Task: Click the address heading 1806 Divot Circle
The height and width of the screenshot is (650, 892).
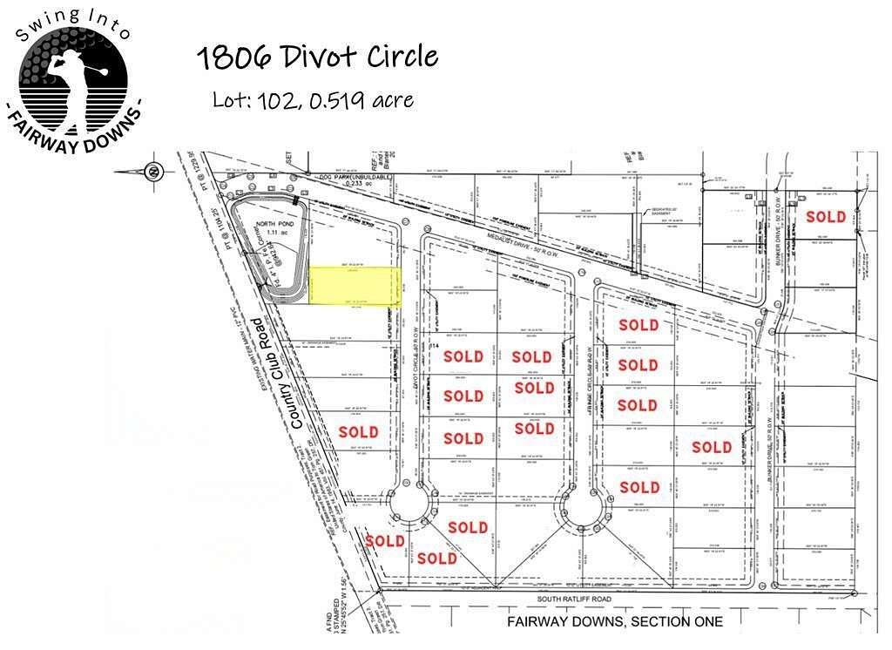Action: coord(316,58)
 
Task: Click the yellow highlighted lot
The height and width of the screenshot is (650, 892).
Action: coord(355,286)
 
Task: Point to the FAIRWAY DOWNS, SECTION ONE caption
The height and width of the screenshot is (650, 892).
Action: coord(615,621)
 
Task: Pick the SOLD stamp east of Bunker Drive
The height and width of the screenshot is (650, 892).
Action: coord(826,216)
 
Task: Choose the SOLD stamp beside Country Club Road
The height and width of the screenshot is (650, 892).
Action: coord(358,431)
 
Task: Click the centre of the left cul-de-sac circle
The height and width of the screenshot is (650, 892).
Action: coord(409,505)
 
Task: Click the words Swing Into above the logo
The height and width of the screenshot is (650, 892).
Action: coord(73,23)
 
